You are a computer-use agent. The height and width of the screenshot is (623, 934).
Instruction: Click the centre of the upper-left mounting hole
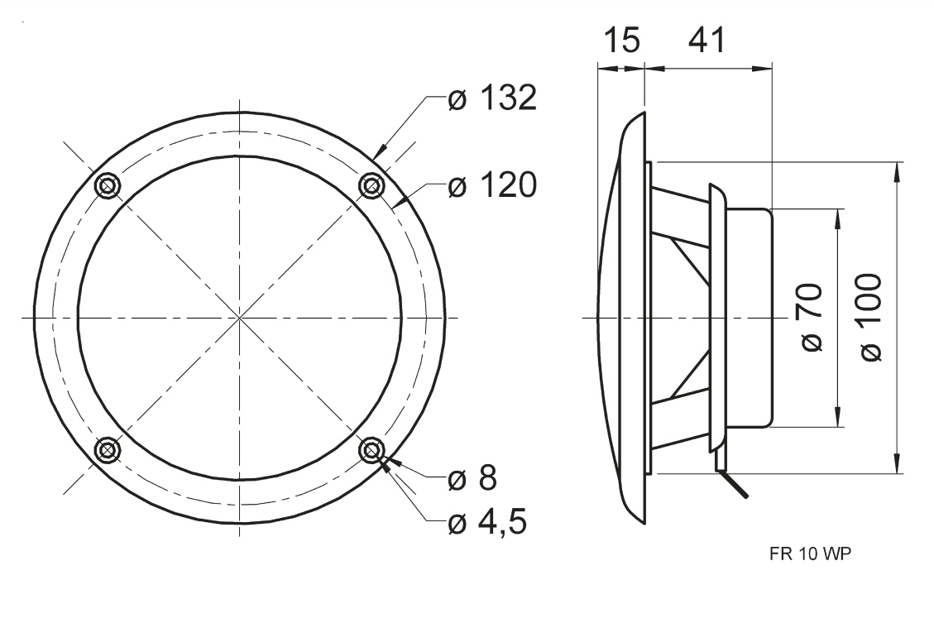pyautogui.click(x=108, y=186)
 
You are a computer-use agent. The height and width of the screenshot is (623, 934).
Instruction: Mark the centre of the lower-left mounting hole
pyautogui.click(x=108, y=450)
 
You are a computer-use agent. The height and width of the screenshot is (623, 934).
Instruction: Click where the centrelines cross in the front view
pyautogui.click(x=239, y=318)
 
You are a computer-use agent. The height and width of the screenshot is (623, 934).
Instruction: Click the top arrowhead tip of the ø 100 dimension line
pyautogui.click(x=897, y=162)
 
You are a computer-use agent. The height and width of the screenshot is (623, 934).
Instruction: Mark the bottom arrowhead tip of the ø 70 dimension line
pyautogui.click(x=838, y=426)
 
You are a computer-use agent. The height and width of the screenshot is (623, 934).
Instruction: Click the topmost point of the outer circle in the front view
pyautogui.click(x=239, y=112)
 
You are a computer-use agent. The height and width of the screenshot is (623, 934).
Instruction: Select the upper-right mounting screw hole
pyautogui.click(x=371, y=186)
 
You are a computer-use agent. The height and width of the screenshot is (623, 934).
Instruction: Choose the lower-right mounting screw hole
pyautogui.click(x=371, y=450)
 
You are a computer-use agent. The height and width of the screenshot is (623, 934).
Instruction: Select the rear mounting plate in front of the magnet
pyautogui.click(x=717, y=318)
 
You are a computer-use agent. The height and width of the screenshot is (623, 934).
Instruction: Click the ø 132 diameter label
pyautogui.click(x=492, y=98)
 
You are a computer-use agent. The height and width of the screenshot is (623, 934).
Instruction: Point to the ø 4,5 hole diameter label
pyautogui.click(x=488, y=522)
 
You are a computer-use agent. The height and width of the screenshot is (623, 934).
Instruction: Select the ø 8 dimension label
pyautogui.click(x=472, y=477)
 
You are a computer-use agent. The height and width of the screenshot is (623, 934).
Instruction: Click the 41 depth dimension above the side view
pyautogui.click(x=707, y=41)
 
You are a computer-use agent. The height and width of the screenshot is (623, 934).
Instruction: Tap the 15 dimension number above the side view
pyautogui.click(x=622, y=41)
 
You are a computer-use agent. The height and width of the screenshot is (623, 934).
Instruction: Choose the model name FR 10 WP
pyautogui.click(x=811, y=554)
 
